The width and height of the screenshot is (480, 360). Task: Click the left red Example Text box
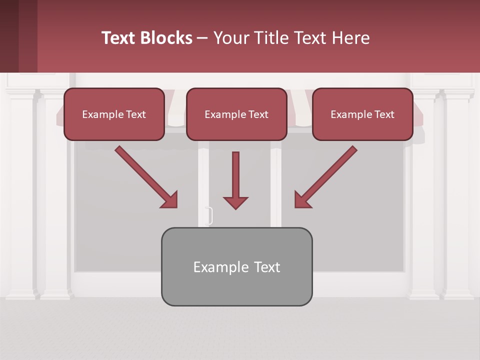pos(114,114)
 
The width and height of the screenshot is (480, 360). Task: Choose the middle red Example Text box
pos(236,114)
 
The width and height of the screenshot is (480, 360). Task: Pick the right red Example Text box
pos(362,114)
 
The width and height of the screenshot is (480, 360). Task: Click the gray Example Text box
pos(236,266)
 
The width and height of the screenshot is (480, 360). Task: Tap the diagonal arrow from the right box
pos(327,175)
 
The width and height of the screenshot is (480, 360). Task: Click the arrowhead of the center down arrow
pos(235,202)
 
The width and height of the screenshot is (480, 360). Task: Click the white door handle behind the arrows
pos(210,215)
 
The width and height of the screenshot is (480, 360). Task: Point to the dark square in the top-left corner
pos(18,36)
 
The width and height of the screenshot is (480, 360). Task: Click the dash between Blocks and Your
pos(202,38)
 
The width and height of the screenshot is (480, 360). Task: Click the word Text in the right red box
pos(384,114)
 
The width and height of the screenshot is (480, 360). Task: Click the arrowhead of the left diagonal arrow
pos(169,200)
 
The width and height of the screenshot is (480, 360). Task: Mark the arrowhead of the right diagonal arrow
pos(302,200)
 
